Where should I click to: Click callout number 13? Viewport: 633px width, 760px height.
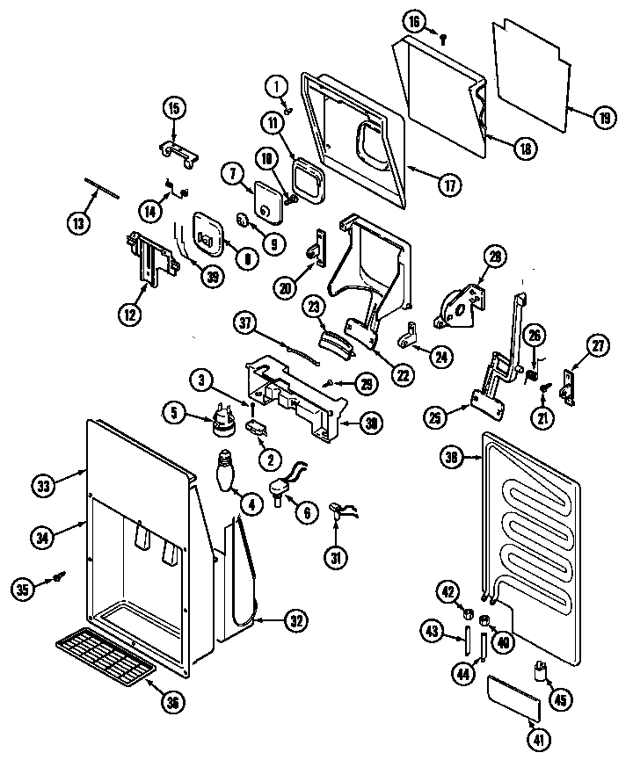click(x=78, y=222)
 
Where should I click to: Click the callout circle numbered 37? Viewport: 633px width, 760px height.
click(x=245, y=323)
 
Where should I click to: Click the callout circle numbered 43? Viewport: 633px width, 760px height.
click(x=432, y=631)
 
